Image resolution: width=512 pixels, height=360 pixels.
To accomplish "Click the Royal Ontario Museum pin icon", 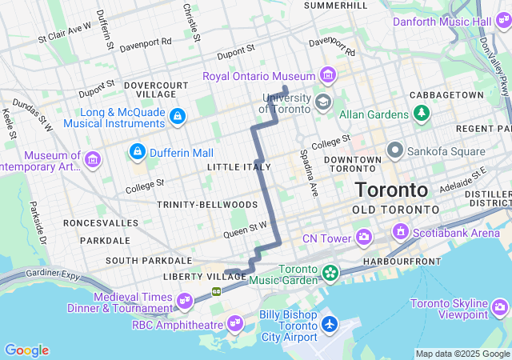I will click(x=326, y=76).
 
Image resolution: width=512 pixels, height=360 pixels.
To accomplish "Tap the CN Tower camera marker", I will click(x=364, y=237).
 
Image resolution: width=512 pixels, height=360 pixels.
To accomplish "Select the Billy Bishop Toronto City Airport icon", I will click(x=329, y=326).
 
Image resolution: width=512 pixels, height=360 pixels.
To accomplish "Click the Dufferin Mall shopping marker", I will click(x=138, y=151).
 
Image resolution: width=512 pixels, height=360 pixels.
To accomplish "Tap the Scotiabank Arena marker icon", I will click(x=399, y=232).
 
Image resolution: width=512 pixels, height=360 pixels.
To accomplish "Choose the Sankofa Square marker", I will click(x=394, y=150).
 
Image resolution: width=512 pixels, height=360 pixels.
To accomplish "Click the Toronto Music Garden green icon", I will click(x=330, y=274).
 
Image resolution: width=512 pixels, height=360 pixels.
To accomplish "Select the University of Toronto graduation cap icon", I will click(x=322, y=102).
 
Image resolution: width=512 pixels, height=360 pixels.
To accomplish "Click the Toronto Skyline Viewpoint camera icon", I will click(x=500, y=307).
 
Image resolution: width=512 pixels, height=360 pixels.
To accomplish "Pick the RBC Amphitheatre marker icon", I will click(x=235, y=323).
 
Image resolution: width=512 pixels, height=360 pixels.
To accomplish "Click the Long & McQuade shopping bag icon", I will click(x=177, y=117).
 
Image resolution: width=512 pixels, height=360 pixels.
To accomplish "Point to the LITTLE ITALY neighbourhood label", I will click(x=238, y=166).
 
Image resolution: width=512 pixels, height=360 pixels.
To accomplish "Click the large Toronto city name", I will click(x=391, y=190).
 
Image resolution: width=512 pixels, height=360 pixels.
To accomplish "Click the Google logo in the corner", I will click(x=26, y=350).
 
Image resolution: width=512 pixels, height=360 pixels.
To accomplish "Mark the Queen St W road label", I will click(x=246, y=228).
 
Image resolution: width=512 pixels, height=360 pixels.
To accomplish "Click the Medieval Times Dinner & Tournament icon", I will click(x=185, y=301).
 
